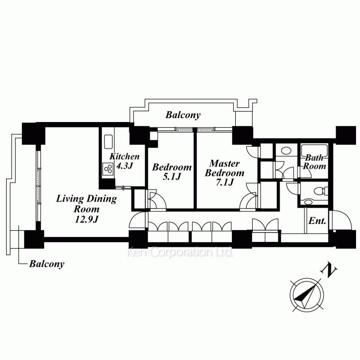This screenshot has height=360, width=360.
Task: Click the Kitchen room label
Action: tap(125, 157)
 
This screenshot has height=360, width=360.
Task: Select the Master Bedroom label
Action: tap(225, 168)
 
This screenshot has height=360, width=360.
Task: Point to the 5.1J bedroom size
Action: tap(172, 176)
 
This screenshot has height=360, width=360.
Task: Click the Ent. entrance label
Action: tap(317, 221)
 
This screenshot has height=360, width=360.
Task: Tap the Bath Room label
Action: tap(314, 162)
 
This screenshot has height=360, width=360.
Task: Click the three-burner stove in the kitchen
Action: tap(108, 169)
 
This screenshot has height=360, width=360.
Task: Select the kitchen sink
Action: tap(108, 141)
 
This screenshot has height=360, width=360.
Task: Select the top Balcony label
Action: tap(183, 115)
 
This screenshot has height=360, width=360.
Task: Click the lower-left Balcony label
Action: tap(47, 264)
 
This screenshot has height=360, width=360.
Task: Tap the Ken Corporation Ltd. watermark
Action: tap(180, 252)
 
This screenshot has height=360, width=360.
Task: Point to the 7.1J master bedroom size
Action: tap(225, 182)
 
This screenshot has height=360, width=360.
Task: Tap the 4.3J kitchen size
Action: tap(125, 165)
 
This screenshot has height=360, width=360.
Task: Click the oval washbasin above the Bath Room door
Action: tap(286, 151)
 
